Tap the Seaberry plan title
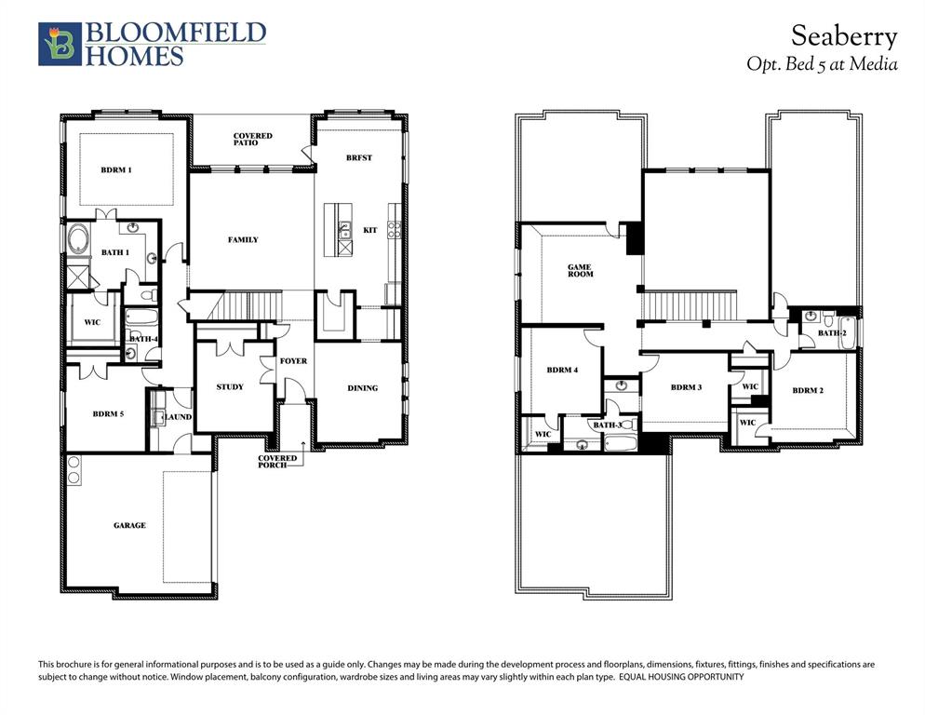(844, 36)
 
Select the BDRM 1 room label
(116, 169)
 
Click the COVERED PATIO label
(252, 140)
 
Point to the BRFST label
(358, 158)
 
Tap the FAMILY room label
(243, 240)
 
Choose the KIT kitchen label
(369, 230)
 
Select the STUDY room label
(230, 386)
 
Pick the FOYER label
(293, 361)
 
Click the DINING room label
(363, 388)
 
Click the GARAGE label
(129, 525)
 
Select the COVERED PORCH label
(277, 461)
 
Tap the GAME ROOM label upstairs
(580, 271)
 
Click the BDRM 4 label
(562, 371)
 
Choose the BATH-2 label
(831, 332)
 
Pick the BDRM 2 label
(807, 390)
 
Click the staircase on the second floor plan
(690, 304)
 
